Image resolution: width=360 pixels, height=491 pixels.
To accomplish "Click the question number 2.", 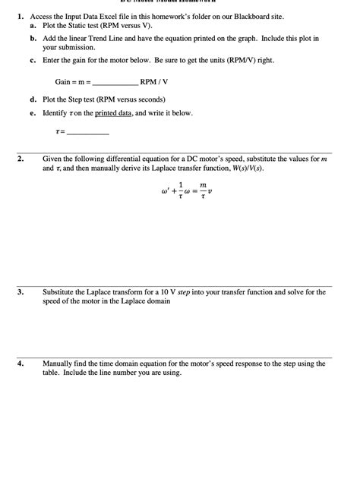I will click(21, 159).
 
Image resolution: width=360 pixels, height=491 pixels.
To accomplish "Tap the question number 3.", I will click(21, 291).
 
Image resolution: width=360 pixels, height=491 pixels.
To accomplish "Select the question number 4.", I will click(21, 364).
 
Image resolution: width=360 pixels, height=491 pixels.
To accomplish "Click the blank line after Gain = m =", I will click(115, 82).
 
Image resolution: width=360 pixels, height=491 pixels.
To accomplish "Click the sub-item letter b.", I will click(33, 37).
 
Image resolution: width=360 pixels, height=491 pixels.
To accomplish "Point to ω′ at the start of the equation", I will click(166, 191).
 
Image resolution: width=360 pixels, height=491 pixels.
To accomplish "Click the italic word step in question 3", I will click(184, 291).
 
